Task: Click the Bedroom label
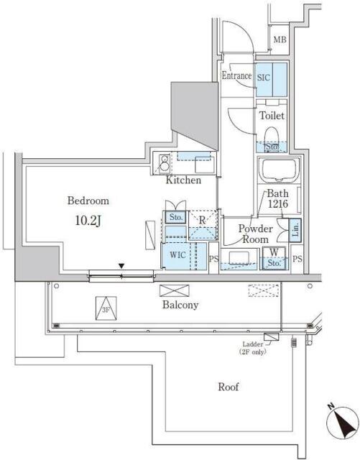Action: [x=88, y=201]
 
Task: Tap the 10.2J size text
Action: [x=88, y=221]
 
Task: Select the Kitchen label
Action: [x=183, y=180]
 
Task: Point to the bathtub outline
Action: [x=279, y=170]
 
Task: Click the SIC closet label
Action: [x=264, y=78]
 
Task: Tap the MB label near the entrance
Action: [x=280, y=40]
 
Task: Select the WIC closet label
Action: [x=177, y=255]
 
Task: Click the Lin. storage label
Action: [x=295, y=230]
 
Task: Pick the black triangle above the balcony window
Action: [x=121, y=266]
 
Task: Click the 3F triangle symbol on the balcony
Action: [x=106, y=308]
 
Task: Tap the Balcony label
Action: [x=180, y=305]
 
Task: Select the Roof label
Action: [x=229, y=387]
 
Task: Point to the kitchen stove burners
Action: [x=164, y=163]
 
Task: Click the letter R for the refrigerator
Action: [x=202, y=221]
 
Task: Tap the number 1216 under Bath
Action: [x=277, y=204]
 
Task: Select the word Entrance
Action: [x=236, y=75]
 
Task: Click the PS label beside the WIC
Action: [x=214, y=259]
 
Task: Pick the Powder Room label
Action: [x=255, y=234]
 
